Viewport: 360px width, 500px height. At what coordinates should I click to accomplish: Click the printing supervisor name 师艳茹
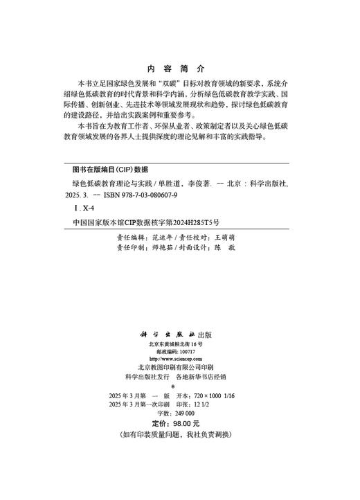coord(161,247)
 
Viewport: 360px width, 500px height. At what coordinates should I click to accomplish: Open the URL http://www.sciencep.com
coord(180,359)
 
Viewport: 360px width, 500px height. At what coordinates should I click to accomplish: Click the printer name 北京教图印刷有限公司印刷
coord(179,368)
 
